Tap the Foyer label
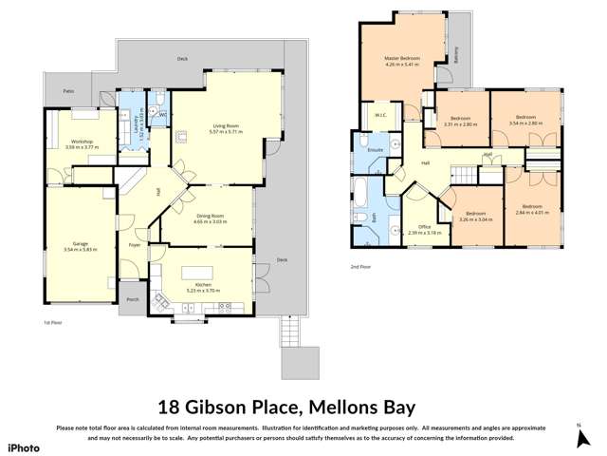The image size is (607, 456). [x=135, y=244]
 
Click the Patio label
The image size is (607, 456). [x=68, y=91]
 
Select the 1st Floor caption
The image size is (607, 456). [x=53, y=323]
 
